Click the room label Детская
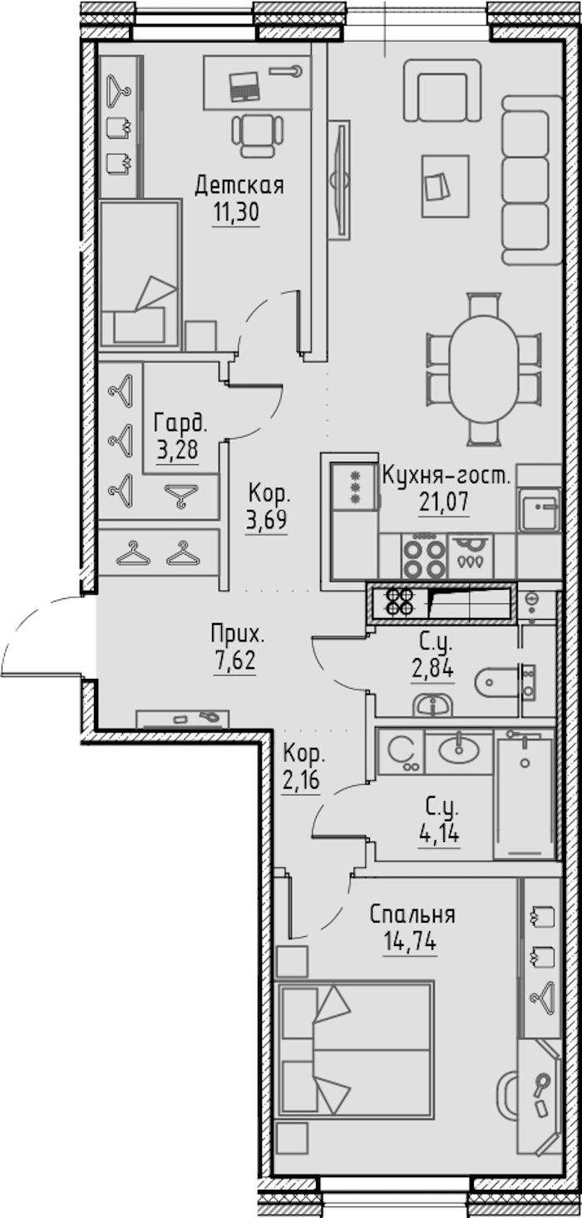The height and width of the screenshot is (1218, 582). click(239, 186)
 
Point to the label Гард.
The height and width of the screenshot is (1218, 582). click(180, 423)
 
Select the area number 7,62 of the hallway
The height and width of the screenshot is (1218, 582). click(234, 661)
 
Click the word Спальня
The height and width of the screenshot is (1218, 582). click(412, 916)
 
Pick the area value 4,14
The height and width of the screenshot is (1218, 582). click(439, 833)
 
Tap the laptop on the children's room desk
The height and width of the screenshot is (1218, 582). click(244, 86)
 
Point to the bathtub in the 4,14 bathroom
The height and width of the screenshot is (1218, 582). click(524, 795)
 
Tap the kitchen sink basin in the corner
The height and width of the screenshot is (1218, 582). click(539, 509)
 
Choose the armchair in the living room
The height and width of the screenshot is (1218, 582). click(442, 90)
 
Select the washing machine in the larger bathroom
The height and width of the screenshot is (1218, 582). click(401, 751)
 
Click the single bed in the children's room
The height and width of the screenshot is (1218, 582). click(140, 273)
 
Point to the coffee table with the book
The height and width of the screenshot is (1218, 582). click(446, 186)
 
